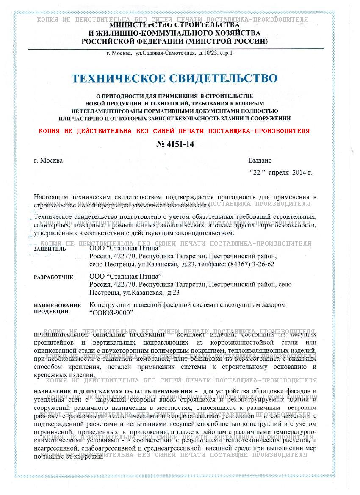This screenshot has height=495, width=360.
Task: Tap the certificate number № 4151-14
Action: tap(175, 144)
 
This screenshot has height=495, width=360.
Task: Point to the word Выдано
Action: tap(260, 160)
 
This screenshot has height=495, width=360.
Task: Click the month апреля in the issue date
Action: tap(279, 173)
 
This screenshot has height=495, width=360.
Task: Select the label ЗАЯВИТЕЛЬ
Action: tap(50, 249)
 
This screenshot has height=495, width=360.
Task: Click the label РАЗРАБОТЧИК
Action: tap(53, 277)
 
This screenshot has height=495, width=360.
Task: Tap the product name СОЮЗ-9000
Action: tap(112, 312)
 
